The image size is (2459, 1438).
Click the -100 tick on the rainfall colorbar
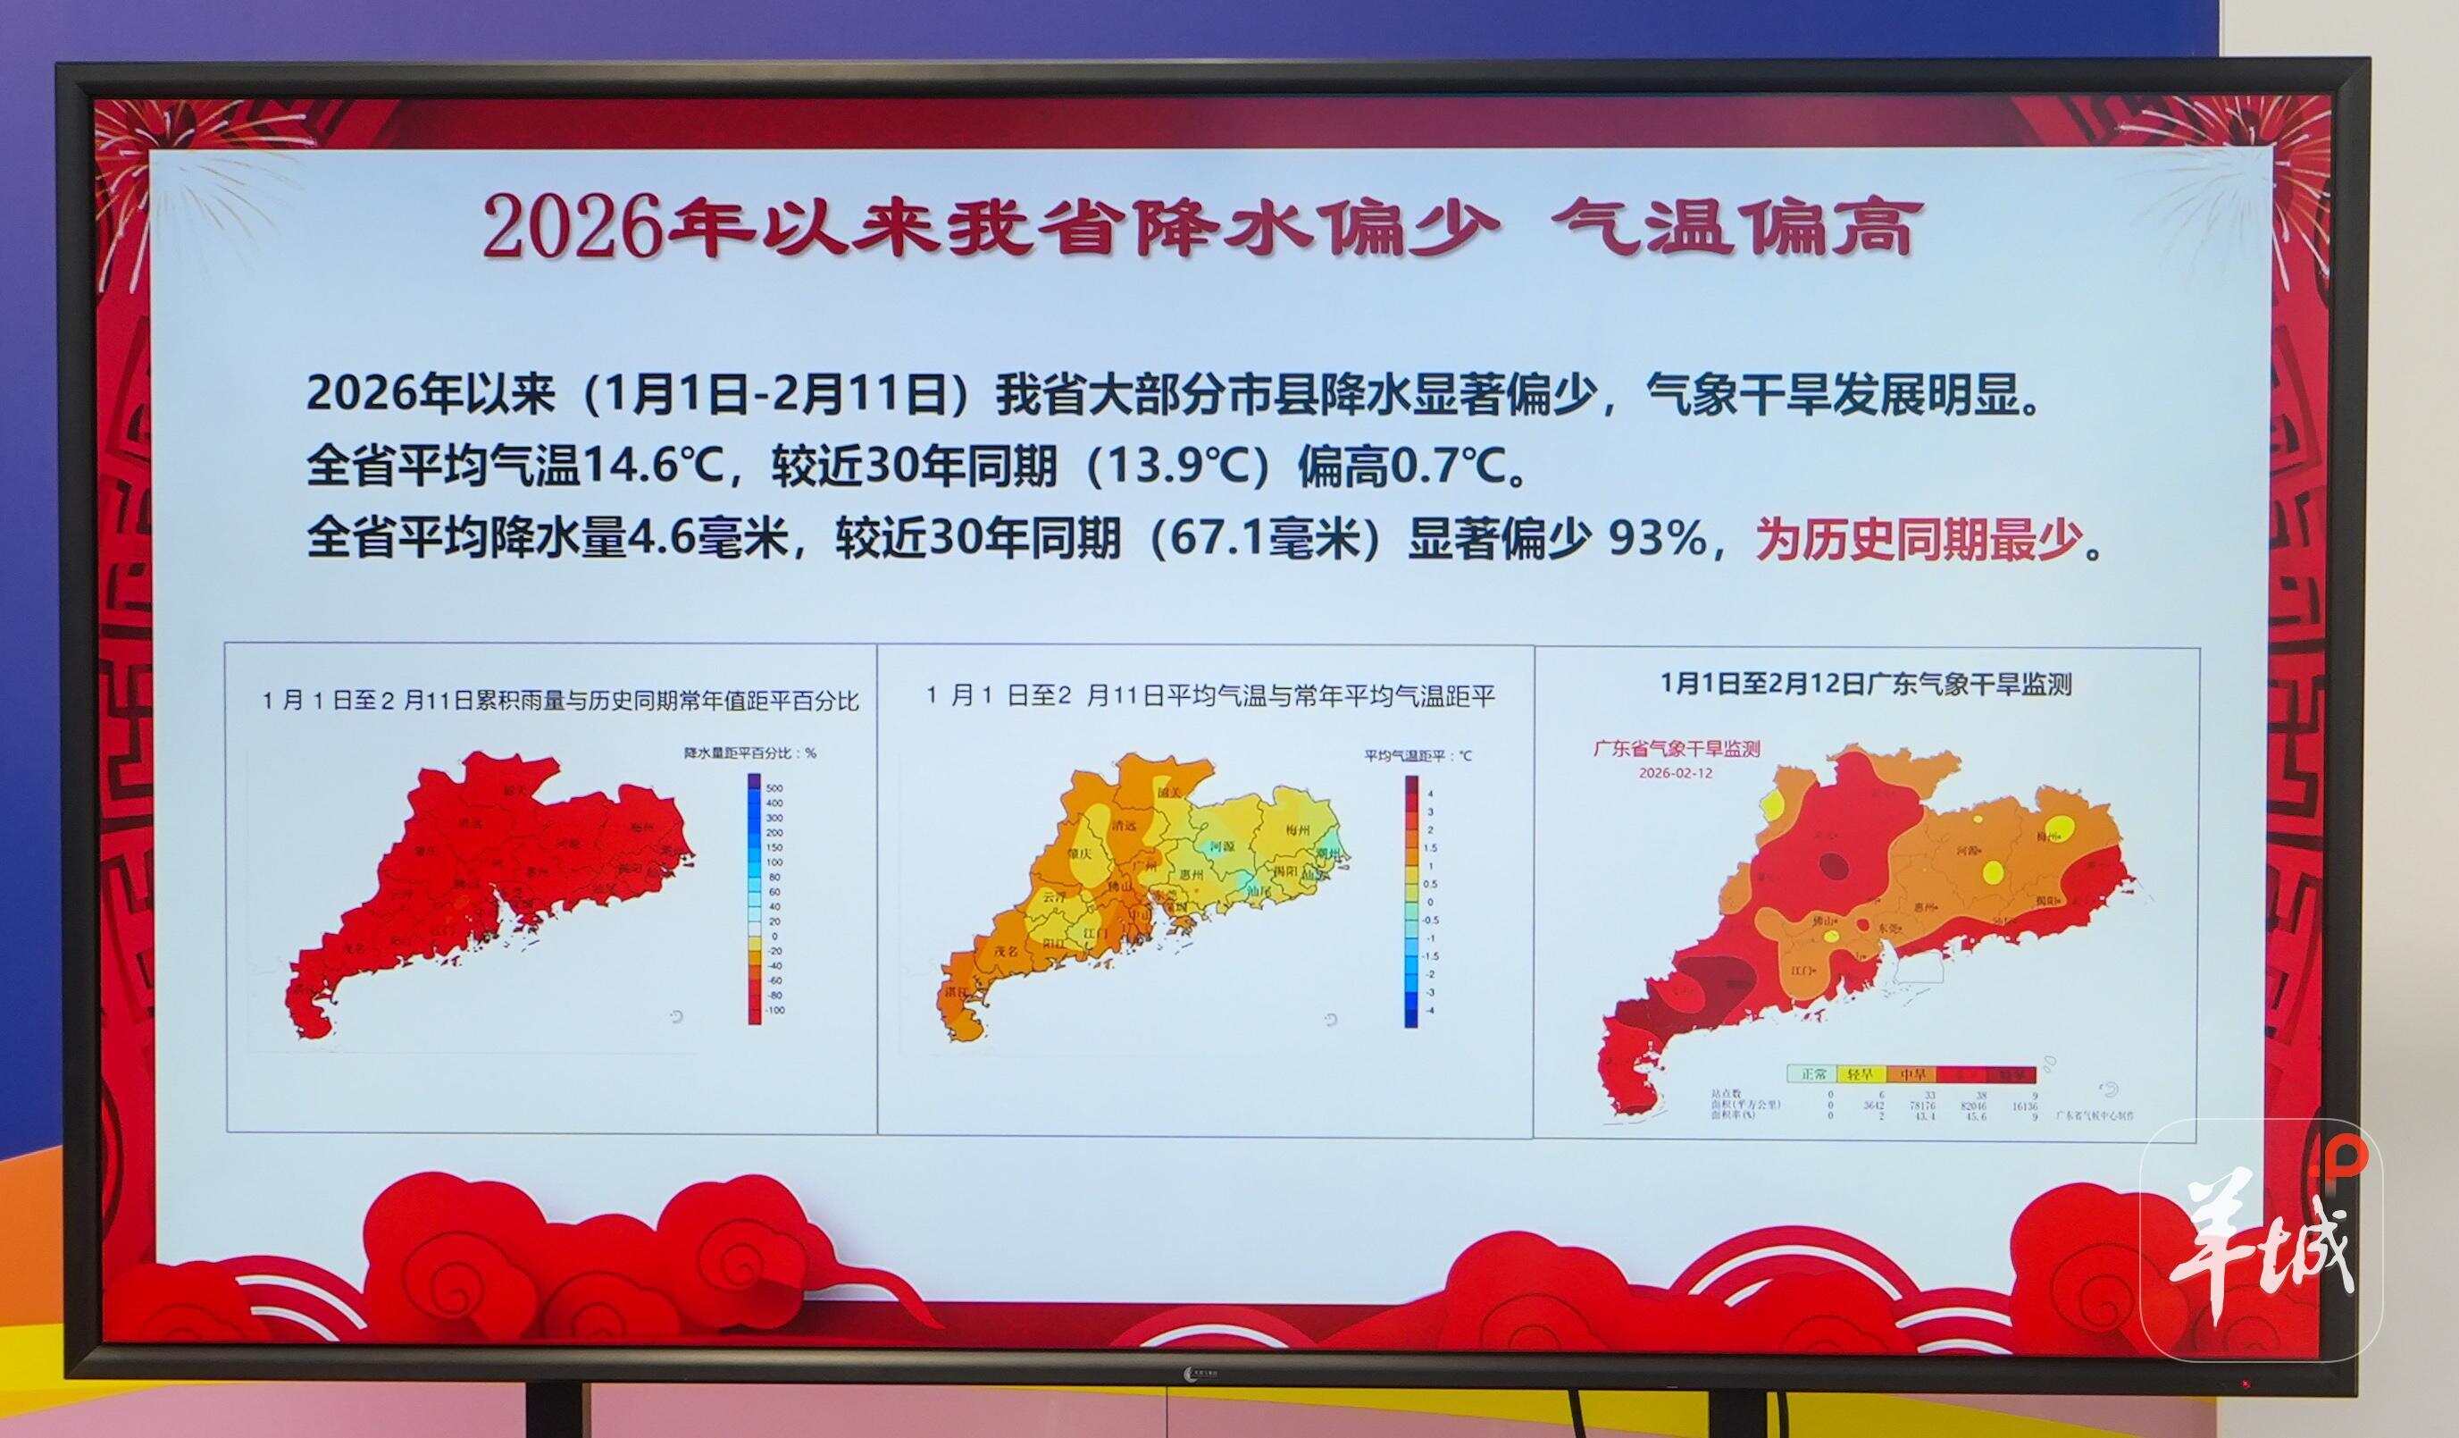tap(774, 1011)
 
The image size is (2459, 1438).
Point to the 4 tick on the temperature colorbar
tap(1431, 794)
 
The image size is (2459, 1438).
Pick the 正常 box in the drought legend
tap(1813, 1075)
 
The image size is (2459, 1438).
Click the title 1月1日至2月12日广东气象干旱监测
tap(1865, 684)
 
